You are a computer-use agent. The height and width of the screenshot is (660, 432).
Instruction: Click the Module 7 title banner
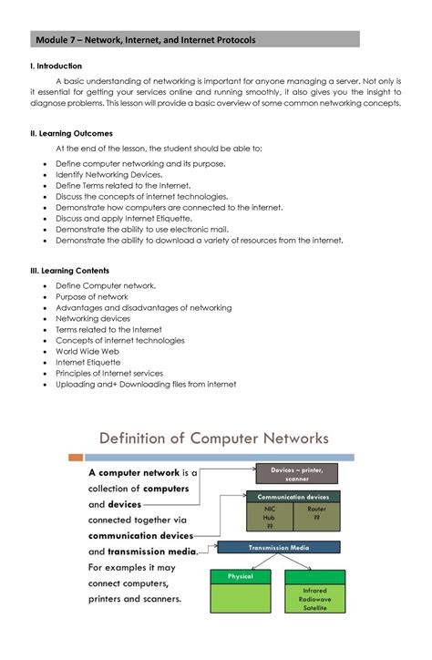click(x=195, y=40)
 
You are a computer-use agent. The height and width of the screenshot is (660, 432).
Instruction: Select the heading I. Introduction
click(x=57, y=67)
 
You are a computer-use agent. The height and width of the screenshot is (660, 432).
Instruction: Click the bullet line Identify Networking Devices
click(x=109, y=174)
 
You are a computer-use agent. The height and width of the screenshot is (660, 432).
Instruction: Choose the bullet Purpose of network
click(x=92, y=297)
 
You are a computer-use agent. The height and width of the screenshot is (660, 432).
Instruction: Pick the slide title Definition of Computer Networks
click(x=214, y=438)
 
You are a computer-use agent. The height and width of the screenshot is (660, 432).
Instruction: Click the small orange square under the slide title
click(x=77, y=458)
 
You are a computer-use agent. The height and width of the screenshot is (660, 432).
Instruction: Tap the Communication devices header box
click(x=293, y=497)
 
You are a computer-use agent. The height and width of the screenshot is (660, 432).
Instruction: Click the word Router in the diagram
click(x=316, y=509)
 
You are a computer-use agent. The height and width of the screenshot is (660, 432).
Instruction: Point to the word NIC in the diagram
click(x=269, y=509)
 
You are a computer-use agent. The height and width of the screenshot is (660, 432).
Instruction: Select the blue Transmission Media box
click(x=279, y=548)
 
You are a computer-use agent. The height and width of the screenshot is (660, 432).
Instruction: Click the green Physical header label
click(x=240, y=576)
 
